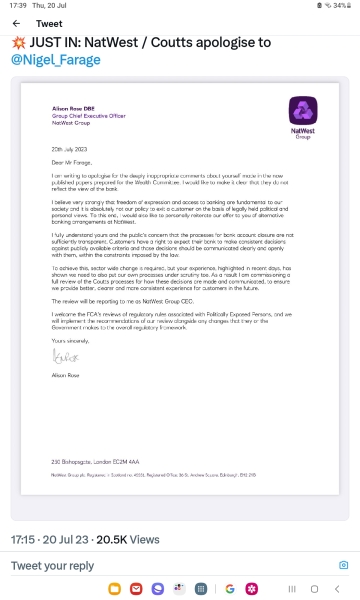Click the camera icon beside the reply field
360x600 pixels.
click(343, 565)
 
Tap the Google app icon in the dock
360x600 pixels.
click(228, 588)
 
